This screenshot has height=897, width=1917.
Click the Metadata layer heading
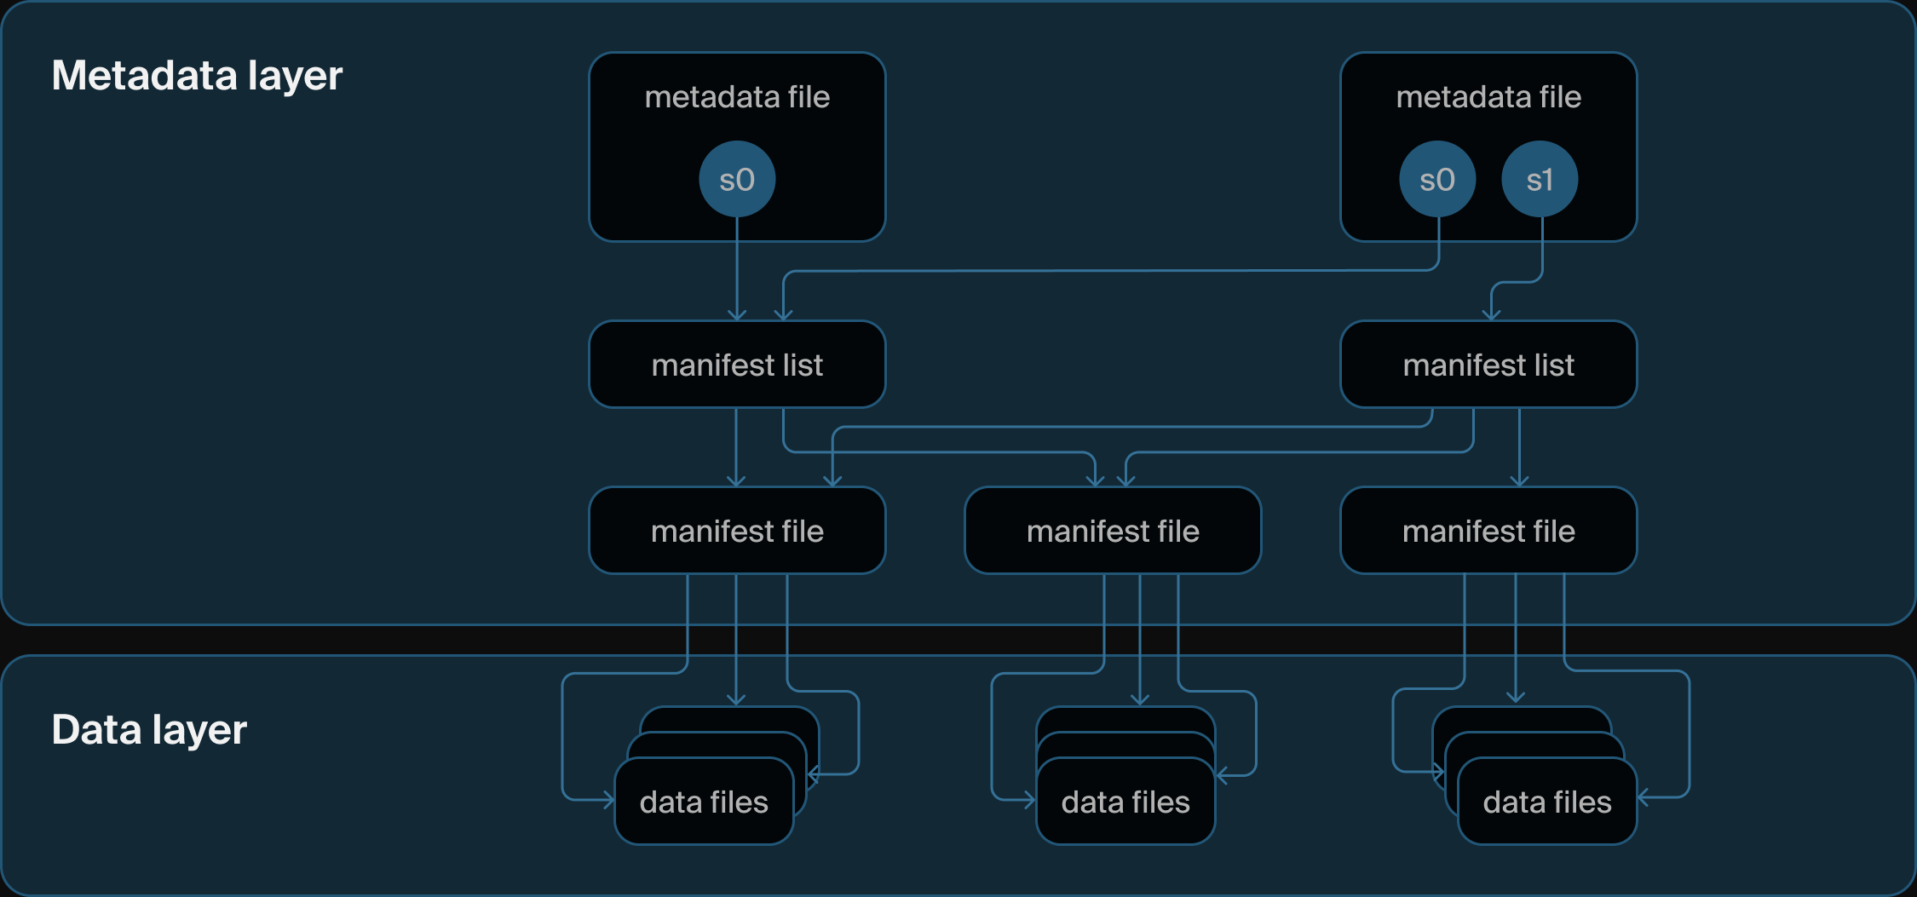[x=197, y=76]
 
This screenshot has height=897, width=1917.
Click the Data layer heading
[x=149, y=730]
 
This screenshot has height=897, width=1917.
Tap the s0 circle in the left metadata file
[x=737, y=180]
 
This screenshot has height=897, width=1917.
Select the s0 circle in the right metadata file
[x=1437, y=180]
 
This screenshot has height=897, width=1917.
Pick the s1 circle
[x=1540, y=180]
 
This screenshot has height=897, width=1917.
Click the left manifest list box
[x=737, y=365]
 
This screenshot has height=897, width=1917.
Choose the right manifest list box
[x=1488, y=365]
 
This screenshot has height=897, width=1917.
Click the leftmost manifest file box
[x=737, y=531]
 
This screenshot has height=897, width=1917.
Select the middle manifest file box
[x=1113, y=531]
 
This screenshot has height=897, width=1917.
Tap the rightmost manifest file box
[x=1488, y=531]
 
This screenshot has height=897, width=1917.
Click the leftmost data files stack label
[x=704, y=802]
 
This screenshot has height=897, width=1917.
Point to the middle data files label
[x=1125, y=802]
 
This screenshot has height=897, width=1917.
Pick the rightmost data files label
[x=1547, y=802]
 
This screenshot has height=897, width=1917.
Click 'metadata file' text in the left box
[x=737, y=97]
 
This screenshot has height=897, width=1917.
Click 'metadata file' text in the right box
[x=1488, y=97]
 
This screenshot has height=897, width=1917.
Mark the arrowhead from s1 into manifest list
[x=1491, y=315]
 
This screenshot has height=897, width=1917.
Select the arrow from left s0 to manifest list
[x=737, y=273]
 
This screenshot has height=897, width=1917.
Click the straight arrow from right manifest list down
[x=1520, y=447]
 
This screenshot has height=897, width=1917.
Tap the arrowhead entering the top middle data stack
[x=1140, y=700]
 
